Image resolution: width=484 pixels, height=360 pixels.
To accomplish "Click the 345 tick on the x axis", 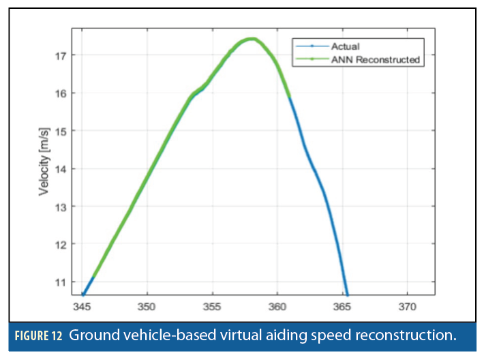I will (x=82, y=306).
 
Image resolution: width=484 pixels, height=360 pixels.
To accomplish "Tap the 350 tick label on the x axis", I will (x=147, y=306).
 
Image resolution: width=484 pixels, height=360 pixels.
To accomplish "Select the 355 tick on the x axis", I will (x=212, y=306).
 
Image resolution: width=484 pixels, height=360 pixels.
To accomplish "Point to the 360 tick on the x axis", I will (x=277, y=306).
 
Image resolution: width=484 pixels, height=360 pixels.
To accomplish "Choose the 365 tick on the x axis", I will (x=342, y=306).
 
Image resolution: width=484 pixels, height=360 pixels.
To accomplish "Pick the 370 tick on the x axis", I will (x=407, y=306).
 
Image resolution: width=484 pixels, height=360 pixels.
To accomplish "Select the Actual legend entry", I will (x=345, y=47).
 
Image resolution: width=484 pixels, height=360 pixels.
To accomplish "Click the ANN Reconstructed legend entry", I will (x=374, y=60).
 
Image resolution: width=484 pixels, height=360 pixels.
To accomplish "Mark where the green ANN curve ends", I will (x=290, y=97).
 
